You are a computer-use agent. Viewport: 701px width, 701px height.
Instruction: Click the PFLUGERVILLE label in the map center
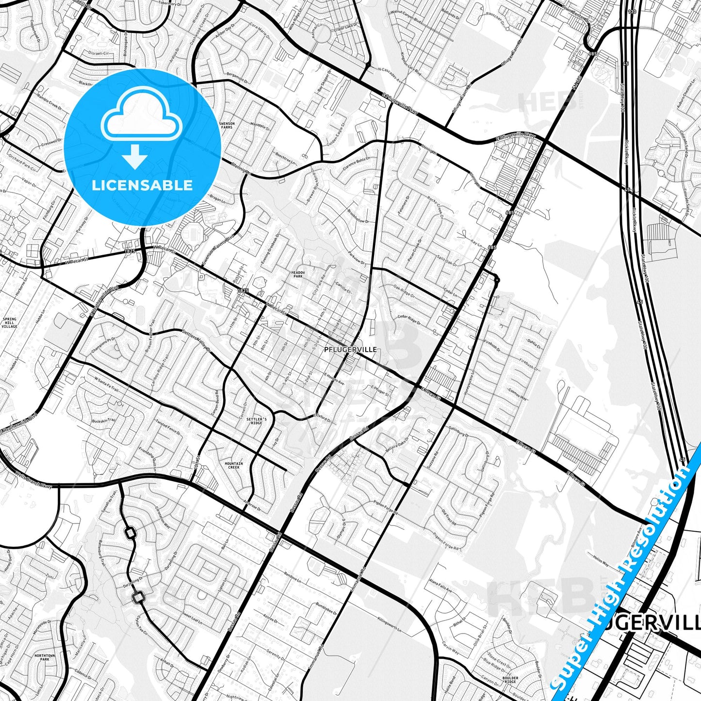pyautogui.click(x=350, y=349)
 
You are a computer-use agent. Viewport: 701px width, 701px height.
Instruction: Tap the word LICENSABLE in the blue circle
pyautogui.click(x=142, y=185)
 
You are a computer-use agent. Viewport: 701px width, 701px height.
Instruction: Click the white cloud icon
pyautogui.click(x=141, y=116)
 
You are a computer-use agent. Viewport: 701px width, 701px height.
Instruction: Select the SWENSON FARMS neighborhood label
pyautogui.click(x=227, y=126)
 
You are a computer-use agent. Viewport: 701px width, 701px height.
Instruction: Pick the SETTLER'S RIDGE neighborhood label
pyautogui.click(x=256, y=421)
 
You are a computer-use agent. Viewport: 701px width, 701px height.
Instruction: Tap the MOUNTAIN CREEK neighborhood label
pyautogui.click(x=233, y=466)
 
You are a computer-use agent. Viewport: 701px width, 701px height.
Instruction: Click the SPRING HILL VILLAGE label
pyautogui.click(x=10, y=323)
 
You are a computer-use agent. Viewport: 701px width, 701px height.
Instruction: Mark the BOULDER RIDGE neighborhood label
pyautogui.click(x=510, y=680)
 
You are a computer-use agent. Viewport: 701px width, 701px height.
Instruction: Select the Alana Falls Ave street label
pyautogui.click(x=440, y=586)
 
